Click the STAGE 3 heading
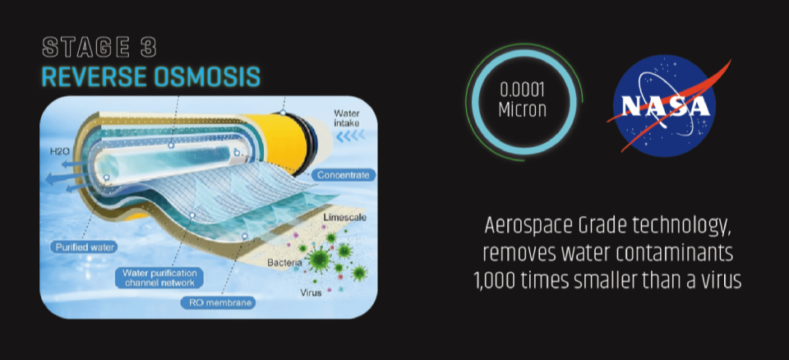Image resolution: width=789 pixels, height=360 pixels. [99, 48]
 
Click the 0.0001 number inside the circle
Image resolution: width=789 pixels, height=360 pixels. [522, 91]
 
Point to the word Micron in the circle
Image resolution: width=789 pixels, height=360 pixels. [522, 110]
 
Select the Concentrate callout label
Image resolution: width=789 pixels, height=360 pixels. [344, 175]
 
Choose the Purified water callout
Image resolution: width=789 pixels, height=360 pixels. [84, 247]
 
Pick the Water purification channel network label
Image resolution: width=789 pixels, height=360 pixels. [159, 277]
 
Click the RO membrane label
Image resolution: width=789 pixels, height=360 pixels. [217, 303]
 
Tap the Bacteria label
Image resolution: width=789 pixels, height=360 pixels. [284, 263]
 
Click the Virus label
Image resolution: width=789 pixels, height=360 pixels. [310, 293]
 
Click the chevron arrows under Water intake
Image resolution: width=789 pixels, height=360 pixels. [350, 136]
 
